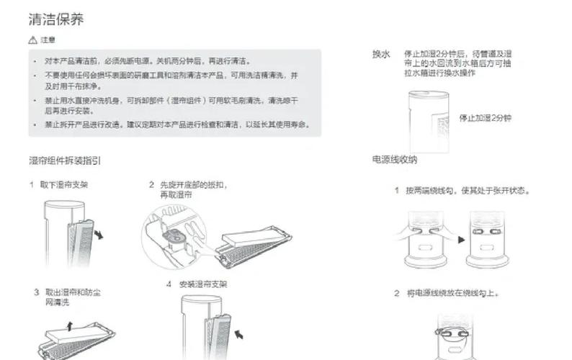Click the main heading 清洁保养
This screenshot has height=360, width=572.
56,19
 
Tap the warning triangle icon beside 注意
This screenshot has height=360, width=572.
33,40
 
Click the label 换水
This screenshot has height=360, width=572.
381,55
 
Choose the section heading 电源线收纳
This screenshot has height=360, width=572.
395,160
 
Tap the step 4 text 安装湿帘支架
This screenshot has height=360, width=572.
203,284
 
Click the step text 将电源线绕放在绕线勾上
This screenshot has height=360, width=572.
452,294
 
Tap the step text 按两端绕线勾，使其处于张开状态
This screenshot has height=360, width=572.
468,192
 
